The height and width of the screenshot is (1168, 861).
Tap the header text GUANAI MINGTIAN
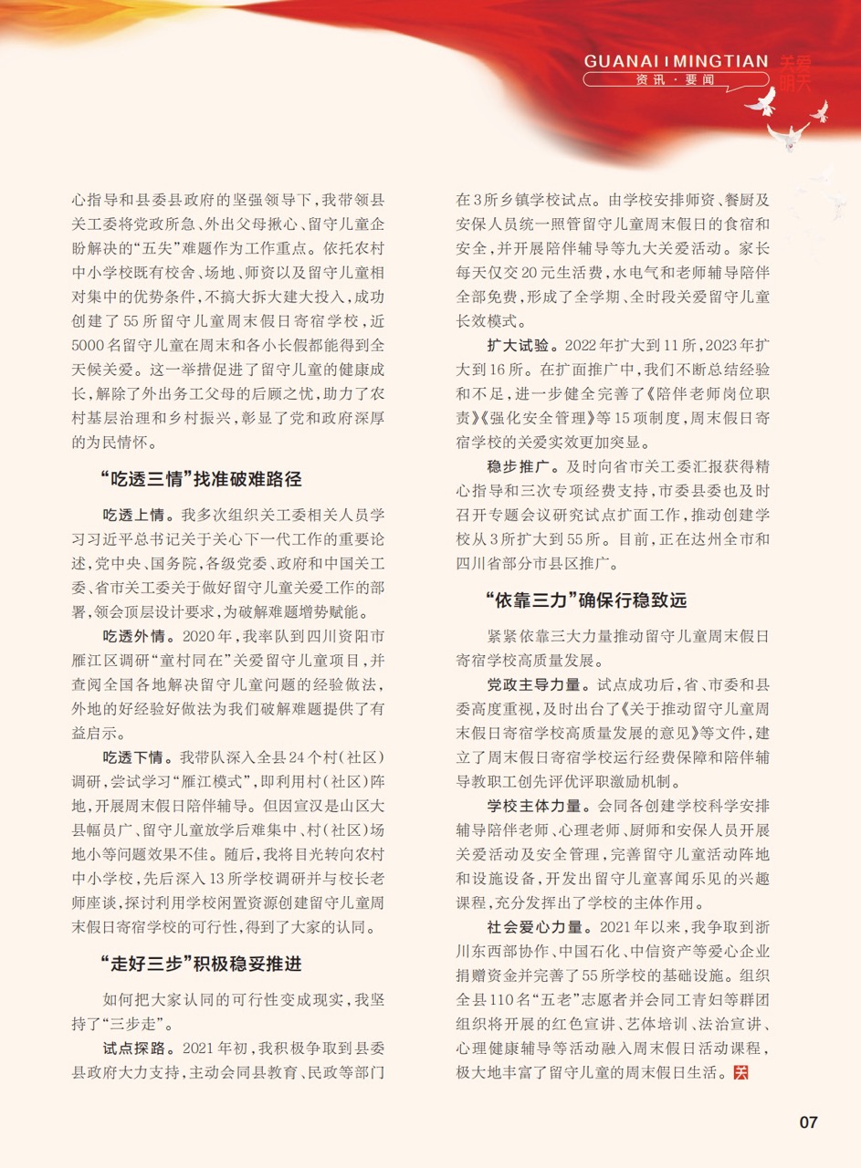pyautogui.click(x=676, y=62)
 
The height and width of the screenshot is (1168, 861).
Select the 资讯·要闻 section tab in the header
pyautogui.click(x=676, y=80)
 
